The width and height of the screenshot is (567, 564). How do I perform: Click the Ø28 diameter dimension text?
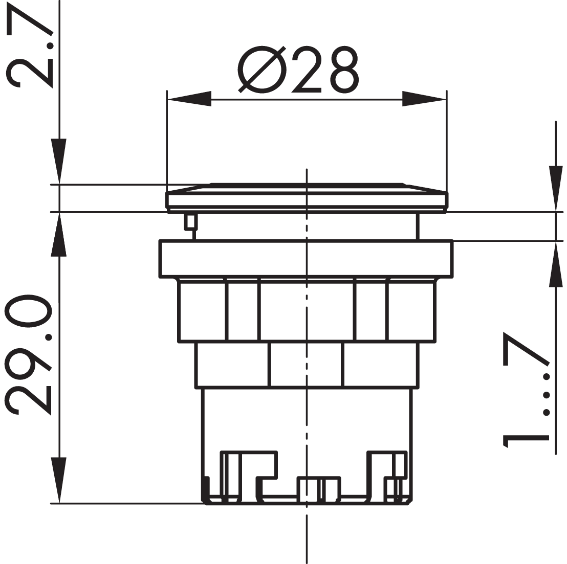point(299,70)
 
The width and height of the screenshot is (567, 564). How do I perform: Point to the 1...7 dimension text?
point(526,390)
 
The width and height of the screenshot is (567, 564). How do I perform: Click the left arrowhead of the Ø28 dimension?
point(189,99)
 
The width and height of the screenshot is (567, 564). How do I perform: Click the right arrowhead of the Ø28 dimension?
point(425,99)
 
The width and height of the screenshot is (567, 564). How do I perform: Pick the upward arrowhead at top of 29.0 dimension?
point(59,235)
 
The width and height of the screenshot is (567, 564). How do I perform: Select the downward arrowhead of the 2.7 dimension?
point(59,161)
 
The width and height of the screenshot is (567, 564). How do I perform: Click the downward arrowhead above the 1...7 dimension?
point(556,189)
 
